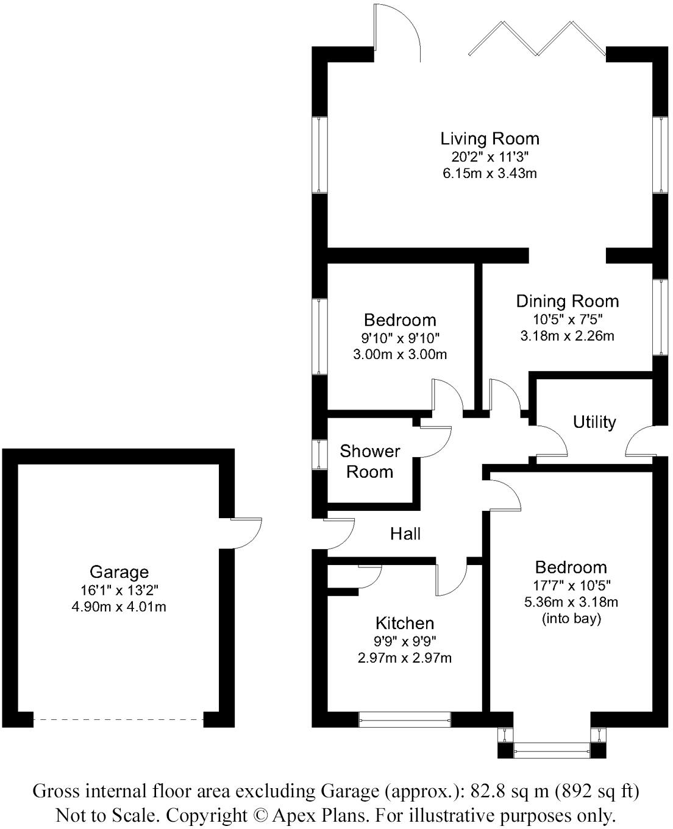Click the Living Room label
point(490,138)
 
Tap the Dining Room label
point(567,301)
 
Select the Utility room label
point(594,422)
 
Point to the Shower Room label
point(369,461)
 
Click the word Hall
point(405,534)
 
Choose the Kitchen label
point(404,623)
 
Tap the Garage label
point(119,572)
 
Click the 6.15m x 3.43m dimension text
point(490,173)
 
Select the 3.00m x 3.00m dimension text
point(400,354)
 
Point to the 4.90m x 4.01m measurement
point(119,607)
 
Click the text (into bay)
point(571,619)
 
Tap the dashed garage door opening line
point(119,720)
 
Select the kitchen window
point(405,720)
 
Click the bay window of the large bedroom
point(552,749)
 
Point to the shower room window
point(319,454)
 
